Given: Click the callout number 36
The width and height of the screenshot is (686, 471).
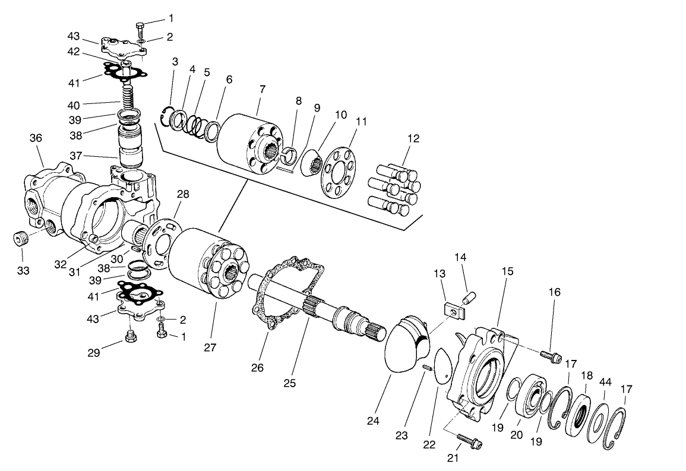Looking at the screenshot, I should click(36, 138).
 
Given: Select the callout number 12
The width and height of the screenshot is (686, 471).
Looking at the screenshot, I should click(413, 138).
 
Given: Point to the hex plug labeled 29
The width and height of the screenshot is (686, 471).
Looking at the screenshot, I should click(131, 338).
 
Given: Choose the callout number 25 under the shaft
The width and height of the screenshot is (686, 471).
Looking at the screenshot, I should click(289, 383).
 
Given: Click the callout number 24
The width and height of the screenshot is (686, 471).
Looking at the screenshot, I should click(373, 421).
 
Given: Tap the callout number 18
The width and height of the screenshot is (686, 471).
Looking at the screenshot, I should click(586, 375).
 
